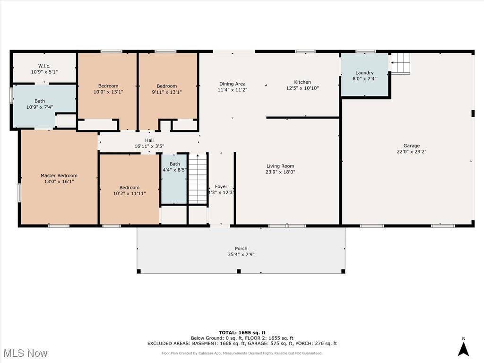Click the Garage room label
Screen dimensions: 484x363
click(x=412, y=146)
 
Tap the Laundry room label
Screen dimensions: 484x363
click(x=364, y=73)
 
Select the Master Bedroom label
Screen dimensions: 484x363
click(x=59, y=176)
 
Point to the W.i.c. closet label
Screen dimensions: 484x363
click(x=44, y=66)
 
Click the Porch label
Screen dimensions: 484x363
click(x=241, y=249)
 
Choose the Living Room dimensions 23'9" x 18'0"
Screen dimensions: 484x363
click(x=280, y=172)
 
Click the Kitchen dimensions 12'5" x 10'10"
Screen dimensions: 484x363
click(x=302, y=88)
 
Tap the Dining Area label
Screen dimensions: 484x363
click(x=233, y=84)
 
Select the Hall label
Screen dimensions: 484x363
click(x=149, y=140)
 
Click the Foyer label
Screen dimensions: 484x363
click(x=221, y=186)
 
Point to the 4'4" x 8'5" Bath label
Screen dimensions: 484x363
click(x=175, y=164)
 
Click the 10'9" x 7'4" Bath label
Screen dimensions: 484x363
click(x=40, y=101)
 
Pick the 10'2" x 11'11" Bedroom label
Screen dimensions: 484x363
click(x=130, y=187)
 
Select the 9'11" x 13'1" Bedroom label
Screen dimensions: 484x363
click(x=167, y=86)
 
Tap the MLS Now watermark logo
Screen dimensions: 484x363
click(x=26, y=353)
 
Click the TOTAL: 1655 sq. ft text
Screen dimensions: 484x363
click(x=242, y=332)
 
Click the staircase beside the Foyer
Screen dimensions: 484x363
click(x=198, y=179)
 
